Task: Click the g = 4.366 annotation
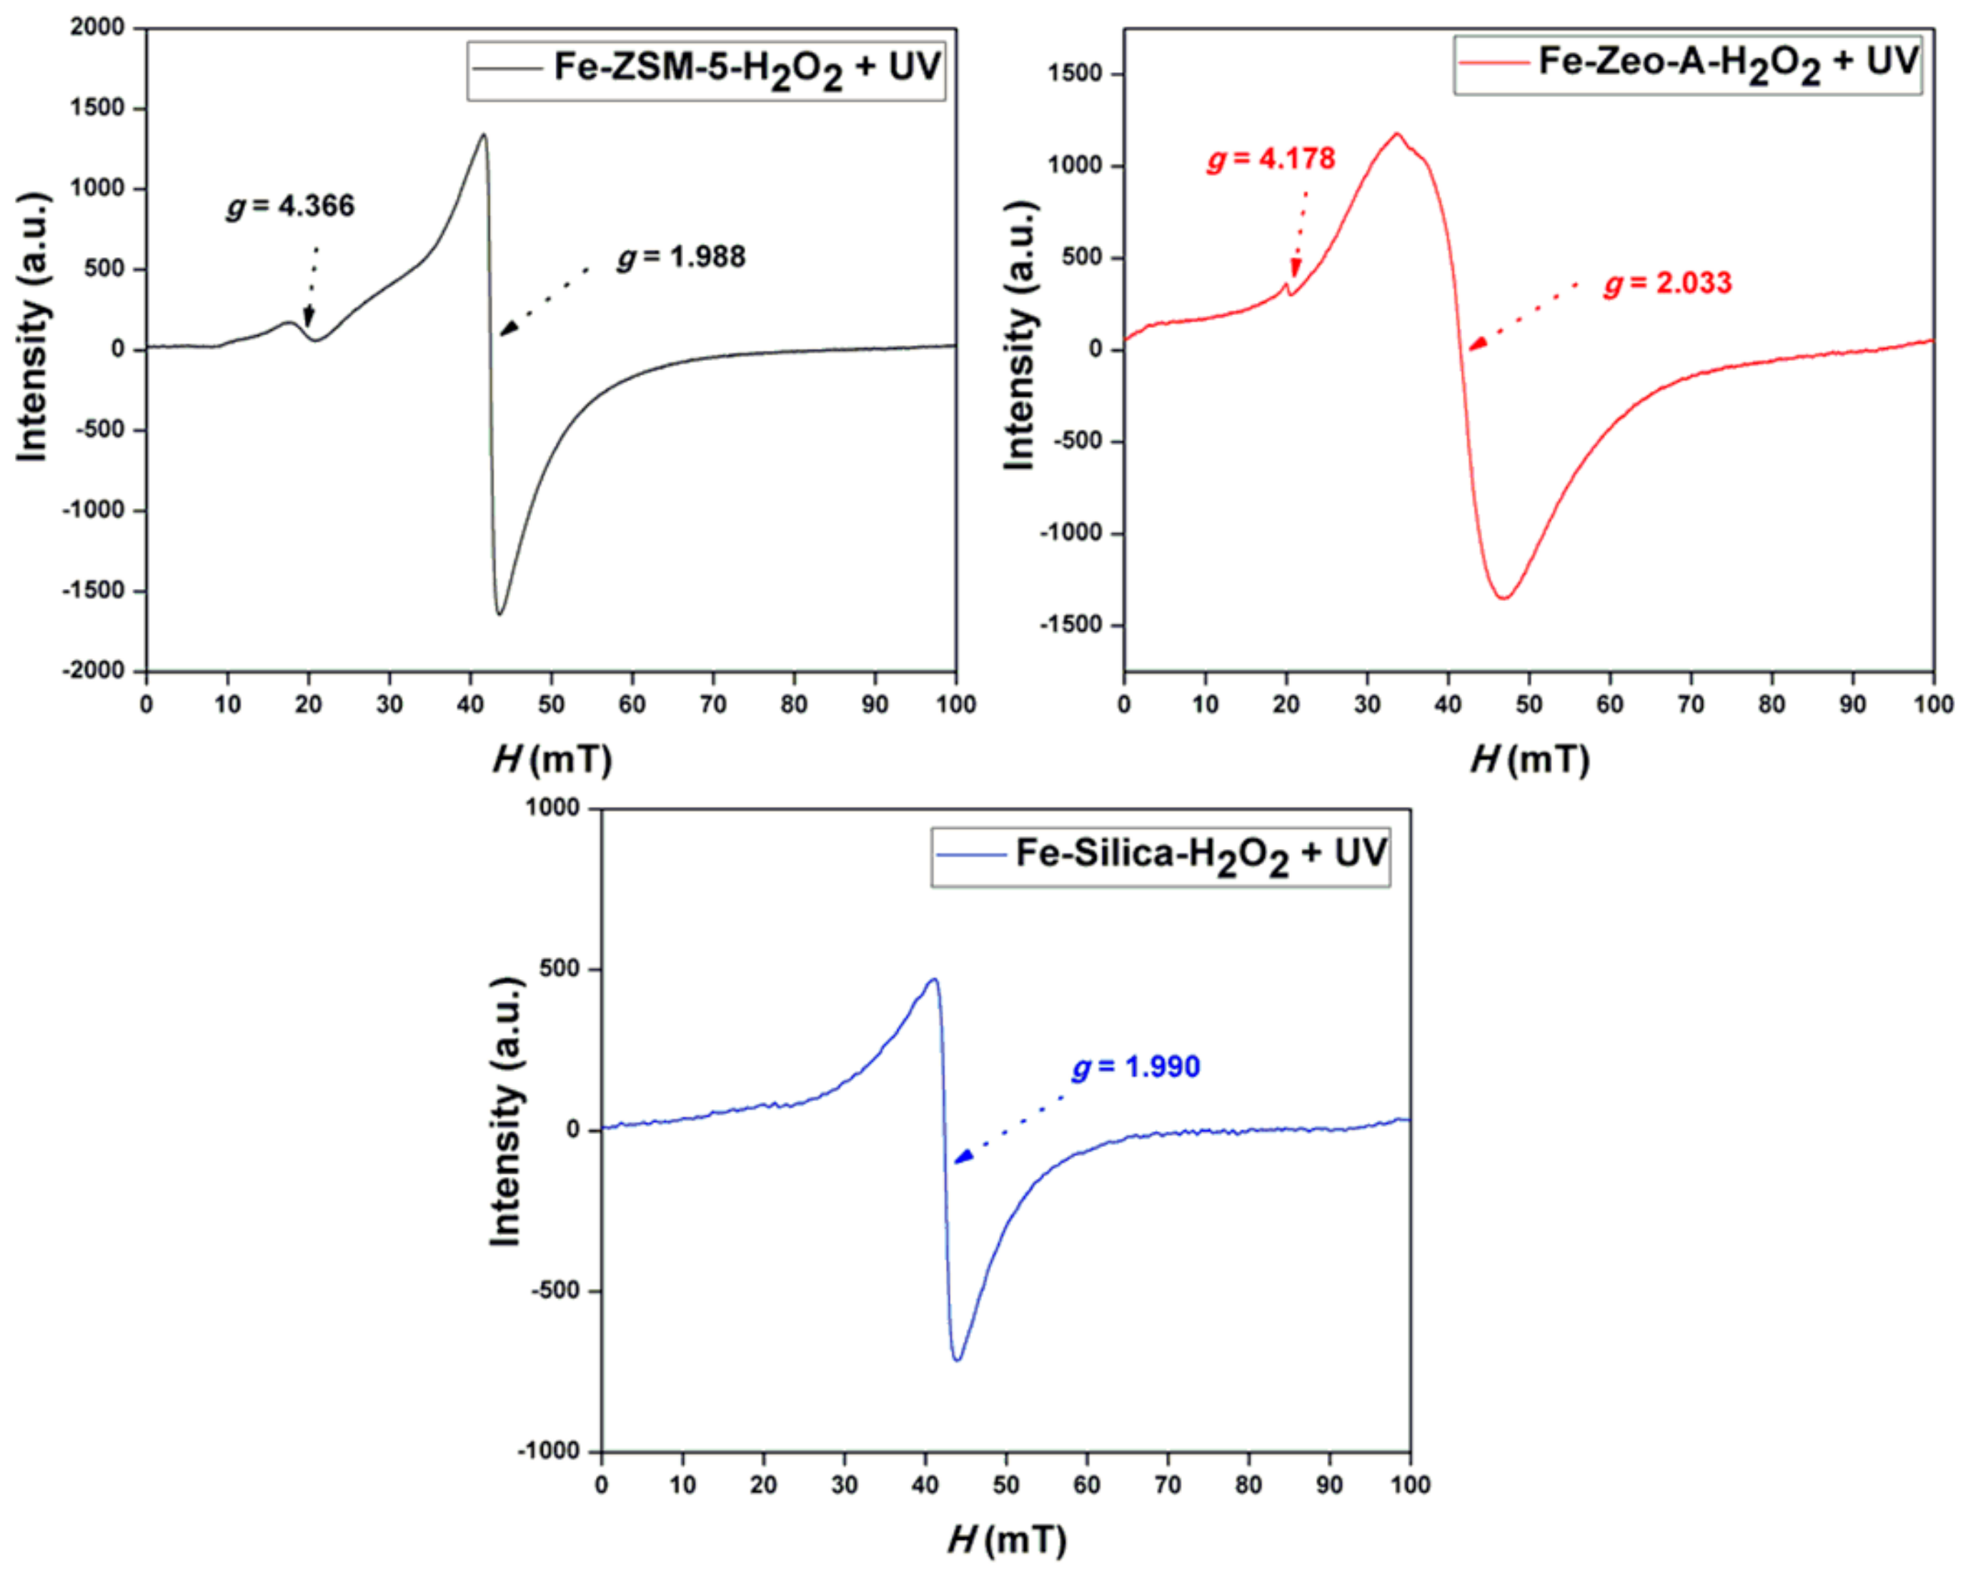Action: tap(291, 206)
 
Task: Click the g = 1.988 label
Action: tap(682, 257)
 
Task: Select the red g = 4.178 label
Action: tap(1271, 159)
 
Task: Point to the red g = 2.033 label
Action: tap(1667, 283)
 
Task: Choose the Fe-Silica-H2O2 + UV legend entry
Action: tap(1161, 855)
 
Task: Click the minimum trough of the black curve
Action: tap(500, 613)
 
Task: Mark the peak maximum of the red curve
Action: tap(1396, 134)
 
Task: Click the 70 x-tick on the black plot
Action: tap(713, 704)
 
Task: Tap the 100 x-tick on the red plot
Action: tap(1934, 704)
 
